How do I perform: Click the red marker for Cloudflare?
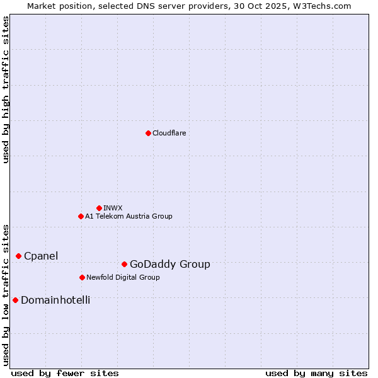tap(148, 133)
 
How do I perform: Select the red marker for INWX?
tap(99, 208)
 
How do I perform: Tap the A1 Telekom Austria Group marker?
tap(81, 216)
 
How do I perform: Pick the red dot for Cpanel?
tap(18, 256)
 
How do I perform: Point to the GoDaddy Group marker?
tap(124, 264)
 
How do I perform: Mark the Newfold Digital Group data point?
tap(82, 277)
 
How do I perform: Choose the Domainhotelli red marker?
tap(15, 300)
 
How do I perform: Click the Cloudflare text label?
tap(169, 133)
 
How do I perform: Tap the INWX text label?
tap(113, 208)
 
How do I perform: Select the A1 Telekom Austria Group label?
tap(129, 216)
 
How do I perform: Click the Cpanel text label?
tap(41, 256)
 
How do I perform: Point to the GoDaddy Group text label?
tap(169, 264)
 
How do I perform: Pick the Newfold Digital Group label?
tap(123, 277)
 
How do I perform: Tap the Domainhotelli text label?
tap(55, 300)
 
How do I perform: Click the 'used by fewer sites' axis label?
tap(65, 373)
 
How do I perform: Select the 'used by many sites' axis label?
tap(316, 373)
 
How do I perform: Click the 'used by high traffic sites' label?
tap(6, 89)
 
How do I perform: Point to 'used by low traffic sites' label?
tap(6, 295)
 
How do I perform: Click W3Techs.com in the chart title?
tap(325, 6)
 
